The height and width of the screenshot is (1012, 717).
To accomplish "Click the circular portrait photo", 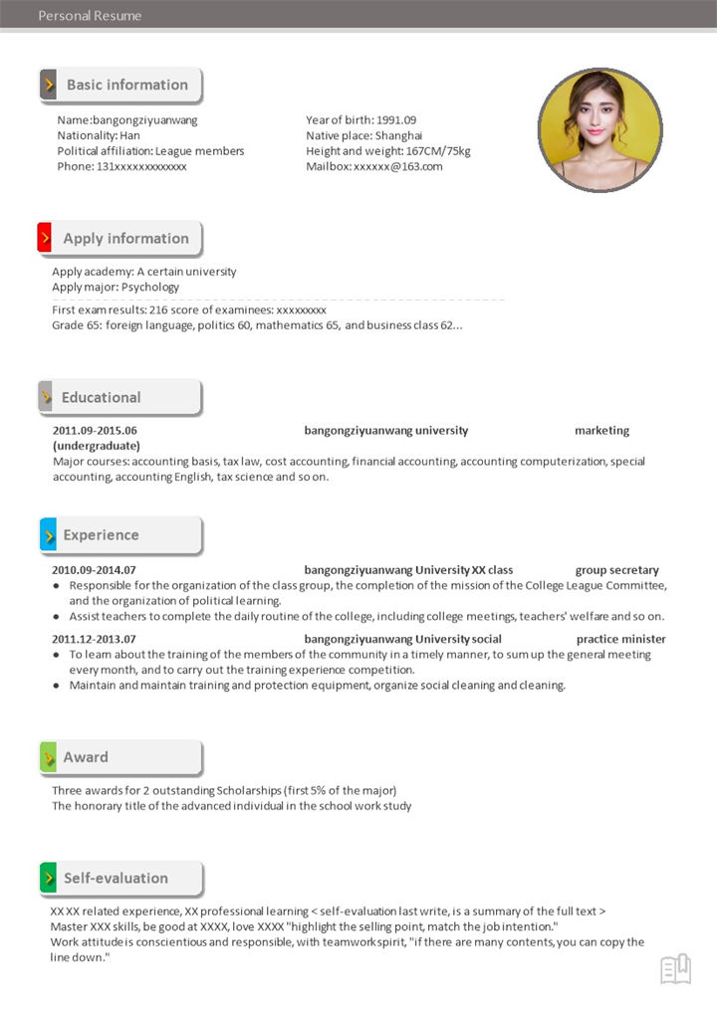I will [x=599, y=130].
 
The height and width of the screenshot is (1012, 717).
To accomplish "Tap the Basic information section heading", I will [x=126, y=86].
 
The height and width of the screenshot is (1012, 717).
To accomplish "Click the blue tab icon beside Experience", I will [x=48, y=535].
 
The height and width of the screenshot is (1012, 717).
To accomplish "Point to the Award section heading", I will [x=86, y=757].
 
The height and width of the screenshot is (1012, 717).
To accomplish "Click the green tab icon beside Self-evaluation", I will [x=48, y=879].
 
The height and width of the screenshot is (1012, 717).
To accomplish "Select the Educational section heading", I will [x=101, y=397].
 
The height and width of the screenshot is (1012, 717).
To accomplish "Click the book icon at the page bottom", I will [x=675, y=968].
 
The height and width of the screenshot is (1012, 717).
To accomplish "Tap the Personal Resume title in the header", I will [x=90, y=15].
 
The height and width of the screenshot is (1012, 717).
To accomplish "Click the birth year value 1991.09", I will [x=395, y=120].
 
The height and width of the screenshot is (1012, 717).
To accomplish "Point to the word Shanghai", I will [x=398, y=135].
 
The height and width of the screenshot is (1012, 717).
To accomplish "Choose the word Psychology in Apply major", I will [x=150, y=287].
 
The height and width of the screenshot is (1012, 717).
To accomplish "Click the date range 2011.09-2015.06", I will [x=95, y=431].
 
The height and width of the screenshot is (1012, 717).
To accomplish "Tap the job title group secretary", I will [x=616, y=570].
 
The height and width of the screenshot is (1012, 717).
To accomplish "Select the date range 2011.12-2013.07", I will [x=94, y=639].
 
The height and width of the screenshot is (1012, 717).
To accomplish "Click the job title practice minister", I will [x=620, y=639].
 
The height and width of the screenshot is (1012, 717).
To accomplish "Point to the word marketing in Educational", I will [x=601, y=431].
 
